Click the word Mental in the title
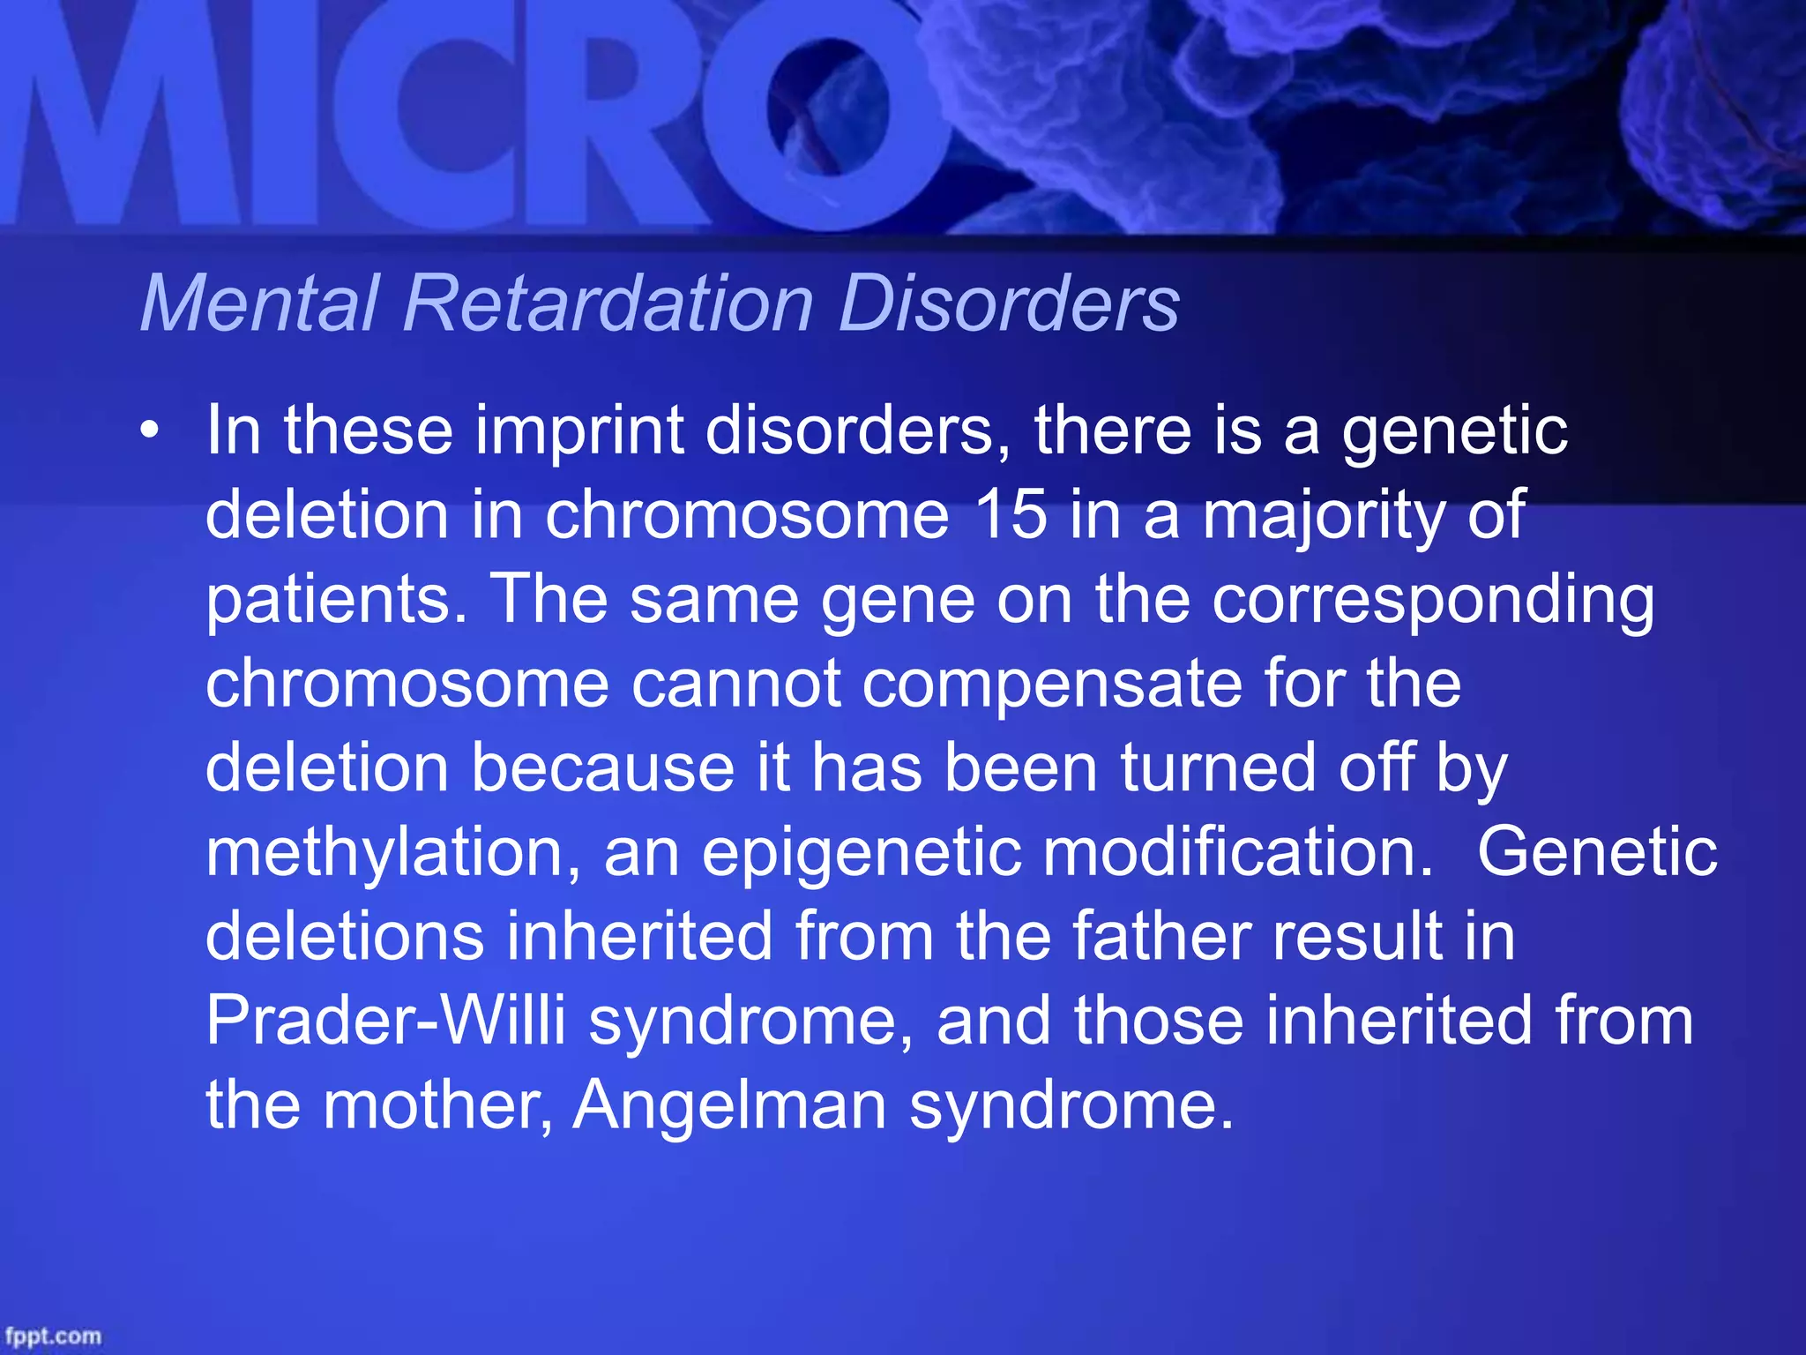pos(260,303)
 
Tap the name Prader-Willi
pos(385,1021)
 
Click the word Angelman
pos(729,1105)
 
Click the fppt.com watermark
pos(53,1336)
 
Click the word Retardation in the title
pos(608,303)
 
